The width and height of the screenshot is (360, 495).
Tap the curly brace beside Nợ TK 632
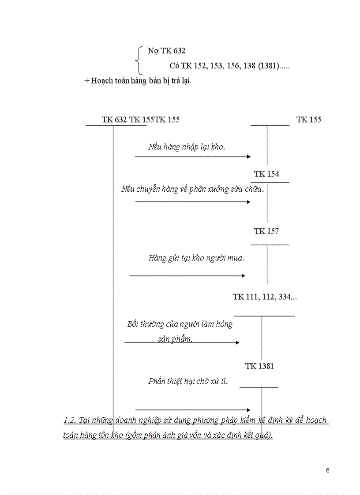pos(140,60)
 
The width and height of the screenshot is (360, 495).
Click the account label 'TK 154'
pos(266,174)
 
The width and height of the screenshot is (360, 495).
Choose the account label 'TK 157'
pos(266,231)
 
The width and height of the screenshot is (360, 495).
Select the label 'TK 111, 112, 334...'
pos(265,297)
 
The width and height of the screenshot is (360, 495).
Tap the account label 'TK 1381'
pos(259,366)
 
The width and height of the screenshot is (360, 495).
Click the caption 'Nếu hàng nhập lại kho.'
pos(187,147)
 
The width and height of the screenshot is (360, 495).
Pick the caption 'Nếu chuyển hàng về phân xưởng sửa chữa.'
pos(193,189)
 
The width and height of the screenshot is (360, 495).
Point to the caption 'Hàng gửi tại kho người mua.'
pos(196,258)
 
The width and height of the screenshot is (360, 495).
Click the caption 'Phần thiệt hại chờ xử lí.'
pos(188,381)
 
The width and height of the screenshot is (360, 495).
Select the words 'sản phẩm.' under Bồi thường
pos(175,339)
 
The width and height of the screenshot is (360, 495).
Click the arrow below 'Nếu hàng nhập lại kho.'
pos(193,156)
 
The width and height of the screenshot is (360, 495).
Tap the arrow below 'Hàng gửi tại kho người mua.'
pos(187,276)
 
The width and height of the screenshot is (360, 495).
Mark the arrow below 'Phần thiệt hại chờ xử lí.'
pos(193,410)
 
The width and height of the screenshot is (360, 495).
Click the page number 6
pos(327,470)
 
